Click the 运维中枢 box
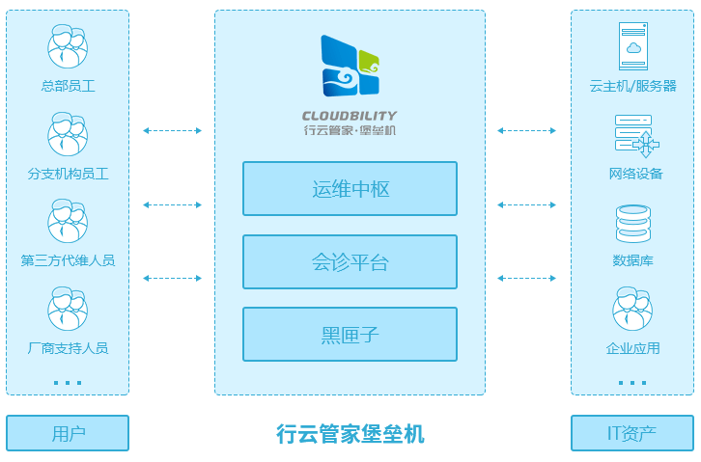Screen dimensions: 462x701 point(350,189)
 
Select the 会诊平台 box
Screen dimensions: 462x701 point(350,262)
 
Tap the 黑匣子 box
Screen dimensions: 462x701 point(350,335)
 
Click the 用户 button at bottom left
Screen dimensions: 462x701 point(68,433)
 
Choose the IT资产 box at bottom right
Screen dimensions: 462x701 point(631,433)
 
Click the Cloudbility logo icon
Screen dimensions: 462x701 point(350,66)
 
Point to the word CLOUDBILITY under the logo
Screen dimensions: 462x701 point(350,116)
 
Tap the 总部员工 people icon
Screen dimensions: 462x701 point(68,46)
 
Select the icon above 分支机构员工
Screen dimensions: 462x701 point(68,134)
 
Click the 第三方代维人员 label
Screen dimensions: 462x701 point(68,260)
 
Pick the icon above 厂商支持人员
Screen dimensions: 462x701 point(68,309)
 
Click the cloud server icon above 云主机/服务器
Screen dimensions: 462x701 point(632,46)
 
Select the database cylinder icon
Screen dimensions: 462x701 point(633,223)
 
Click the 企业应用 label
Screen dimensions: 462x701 point(633,348)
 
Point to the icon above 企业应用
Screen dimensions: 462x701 point(633,309)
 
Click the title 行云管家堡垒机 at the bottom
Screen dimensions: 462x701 point(350,434)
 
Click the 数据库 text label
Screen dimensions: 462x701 point(633,260)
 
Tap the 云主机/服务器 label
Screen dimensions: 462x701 point(633,86)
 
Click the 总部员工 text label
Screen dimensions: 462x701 point(68,86)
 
